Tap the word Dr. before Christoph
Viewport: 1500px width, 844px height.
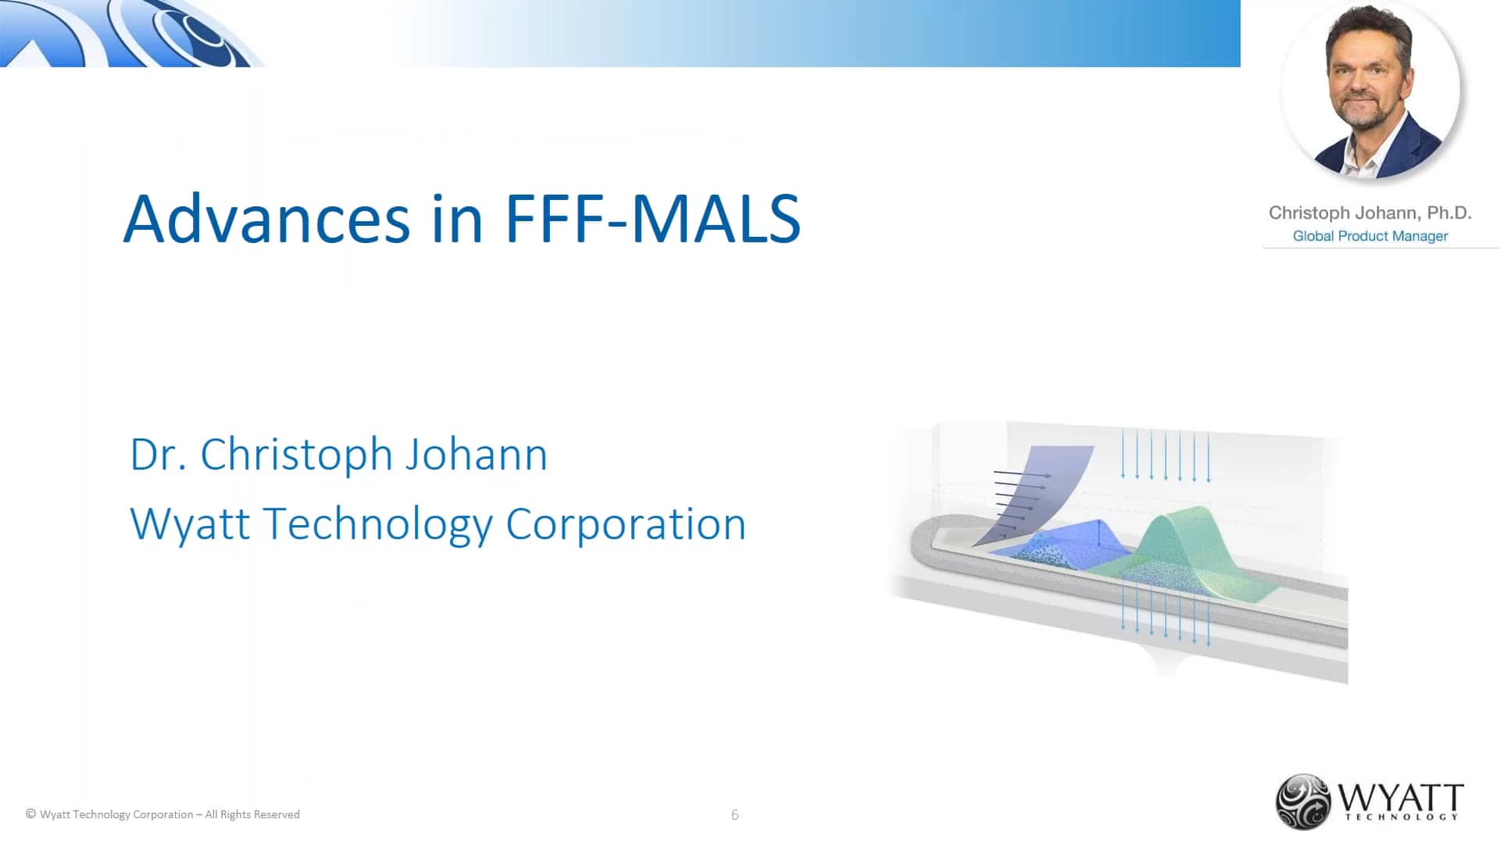[x=158, y=455]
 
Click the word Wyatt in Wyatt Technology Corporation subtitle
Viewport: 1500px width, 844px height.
[x=190, y=524]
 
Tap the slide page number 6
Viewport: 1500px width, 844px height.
[x=734, y=815]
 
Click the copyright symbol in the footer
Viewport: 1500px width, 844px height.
[x=30, y=814]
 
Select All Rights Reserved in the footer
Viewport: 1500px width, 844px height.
[x=252, y=814]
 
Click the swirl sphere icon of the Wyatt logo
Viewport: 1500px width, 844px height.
[x=1302, y=801]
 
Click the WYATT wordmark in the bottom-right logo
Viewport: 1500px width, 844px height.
[x=1400, y=799]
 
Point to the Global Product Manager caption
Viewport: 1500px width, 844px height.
[x=1370, y=236]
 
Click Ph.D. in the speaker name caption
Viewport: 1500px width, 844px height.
[x=1448, y=213]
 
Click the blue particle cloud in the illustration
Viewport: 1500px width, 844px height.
[x=1055, y=551]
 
